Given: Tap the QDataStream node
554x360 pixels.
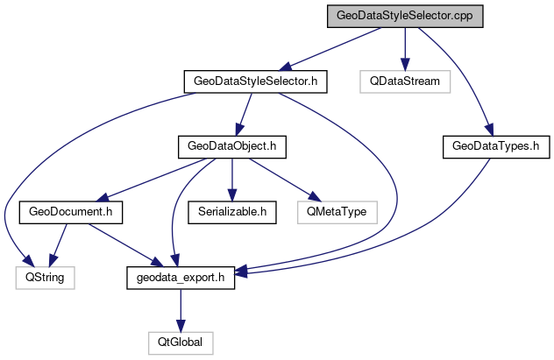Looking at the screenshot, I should click(x=404, y=81).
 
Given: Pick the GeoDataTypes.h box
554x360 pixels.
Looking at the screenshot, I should click(x=490, y=146).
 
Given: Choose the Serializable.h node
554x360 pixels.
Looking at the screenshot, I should click(x=231, y=211).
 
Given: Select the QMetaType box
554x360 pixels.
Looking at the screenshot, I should click(x=337, y=211).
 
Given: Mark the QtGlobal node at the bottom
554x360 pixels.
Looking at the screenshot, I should click(x=180, y=341).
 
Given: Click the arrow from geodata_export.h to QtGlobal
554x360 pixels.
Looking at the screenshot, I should click(x=180, y=308).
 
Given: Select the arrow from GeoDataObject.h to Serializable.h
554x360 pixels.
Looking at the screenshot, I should click(x=231, y=179).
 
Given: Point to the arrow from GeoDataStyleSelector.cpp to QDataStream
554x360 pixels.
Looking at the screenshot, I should click(x=404, y=49).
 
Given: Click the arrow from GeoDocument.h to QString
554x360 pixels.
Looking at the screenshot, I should click(x=60, y=242).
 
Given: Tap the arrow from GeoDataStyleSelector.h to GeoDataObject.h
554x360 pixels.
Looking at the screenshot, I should click(x=244, y=114).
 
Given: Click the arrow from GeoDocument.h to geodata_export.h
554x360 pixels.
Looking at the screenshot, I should click(x=124, y=243).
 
